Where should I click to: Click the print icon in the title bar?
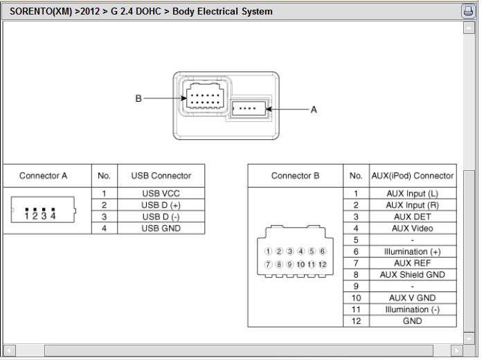467,11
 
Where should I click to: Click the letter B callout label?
138,99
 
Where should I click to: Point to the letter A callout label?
314,109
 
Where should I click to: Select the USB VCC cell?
161,194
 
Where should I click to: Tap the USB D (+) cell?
161,205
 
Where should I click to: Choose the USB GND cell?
161,228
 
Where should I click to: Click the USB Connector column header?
161,176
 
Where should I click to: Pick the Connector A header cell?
44,176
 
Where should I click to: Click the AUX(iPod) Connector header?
413,176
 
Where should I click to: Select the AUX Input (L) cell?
413,194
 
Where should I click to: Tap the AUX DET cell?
413,217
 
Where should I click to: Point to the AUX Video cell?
413,228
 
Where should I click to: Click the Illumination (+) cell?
413,252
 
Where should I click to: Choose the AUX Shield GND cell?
413,275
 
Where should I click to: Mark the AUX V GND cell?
413,298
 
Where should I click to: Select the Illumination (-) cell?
413,309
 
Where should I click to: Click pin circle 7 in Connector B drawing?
268,264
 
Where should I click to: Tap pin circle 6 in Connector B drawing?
323,251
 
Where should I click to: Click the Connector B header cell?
295,176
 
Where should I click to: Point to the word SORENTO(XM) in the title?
40,12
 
